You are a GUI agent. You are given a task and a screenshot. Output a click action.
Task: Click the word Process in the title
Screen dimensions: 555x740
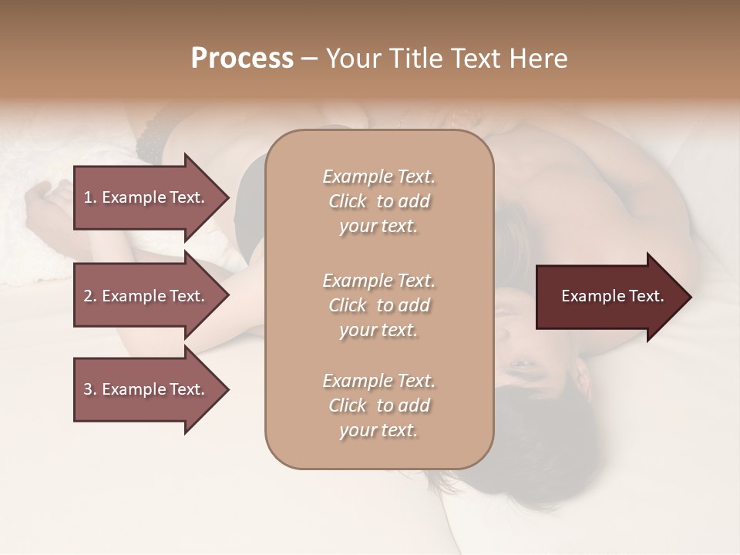pos(242,59)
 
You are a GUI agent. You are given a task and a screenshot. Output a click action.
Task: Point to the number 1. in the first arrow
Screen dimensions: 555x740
pos(89,197)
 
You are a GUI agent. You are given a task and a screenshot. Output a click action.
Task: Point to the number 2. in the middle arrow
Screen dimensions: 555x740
pos(89,296)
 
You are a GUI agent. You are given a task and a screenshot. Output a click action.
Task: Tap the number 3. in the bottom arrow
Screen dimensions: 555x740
pos(89,389)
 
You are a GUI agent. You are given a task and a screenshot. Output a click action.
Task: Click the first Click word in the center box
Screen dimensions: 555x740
pos(347,201)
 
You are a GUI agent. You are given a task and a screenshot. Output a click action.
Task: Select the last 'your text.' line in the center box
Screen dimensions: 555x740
pos(378,430)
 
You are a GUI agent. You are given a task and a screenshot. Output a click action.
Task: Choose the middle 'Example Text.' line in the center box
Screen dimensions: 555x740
pos(378,280)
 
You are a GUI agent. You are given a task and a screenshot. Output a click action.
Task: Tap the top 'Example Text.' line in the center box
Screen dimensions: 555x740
pos(378,177)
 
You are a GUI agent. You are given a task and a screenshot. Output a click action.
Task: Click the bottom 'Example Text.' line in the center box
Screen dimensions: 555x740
pos(378,381)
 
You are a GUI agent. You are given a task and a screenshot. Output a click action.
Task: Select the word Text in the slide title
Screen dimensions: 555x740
pos(471,59)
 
